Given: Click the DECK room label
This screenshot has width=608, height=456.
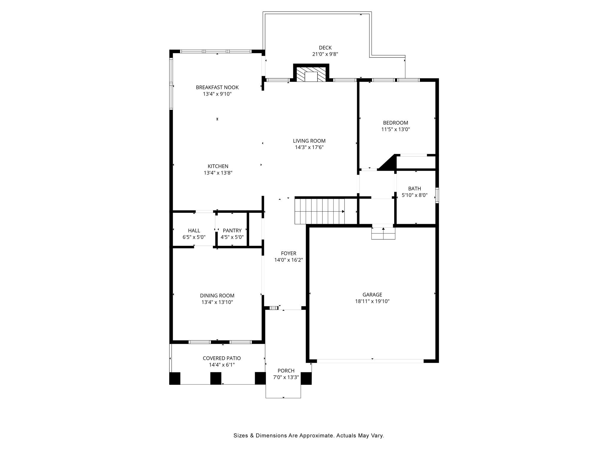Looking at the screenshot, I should coord(325,47).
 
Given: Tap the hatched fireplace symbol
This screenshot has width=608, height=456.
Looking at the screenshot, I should coord(311,74).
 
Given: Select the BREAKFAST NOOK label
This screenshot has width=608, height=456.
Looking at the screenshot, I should coord(217,87).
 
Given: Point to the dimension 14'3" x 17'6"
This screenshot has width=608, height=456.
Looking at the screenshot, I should coord(309,148).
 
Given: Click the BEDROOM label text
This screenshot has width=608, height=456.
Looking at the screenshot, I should coord(395,123).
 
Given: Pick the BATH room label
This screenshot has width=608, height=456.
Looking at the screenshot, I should coord(414,189).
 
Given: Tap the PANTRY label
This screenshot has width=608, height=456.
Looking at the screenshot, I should coord(232,230).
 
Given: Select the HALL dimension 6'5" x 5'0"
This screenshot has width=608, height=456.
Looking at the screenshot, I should coord(194,237).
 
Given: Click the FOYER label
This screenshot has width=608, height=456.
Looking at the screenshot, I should coord(289,253).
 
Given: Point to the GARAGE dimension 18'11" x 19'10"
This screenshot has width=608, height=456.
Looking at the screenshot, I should coord(372,301).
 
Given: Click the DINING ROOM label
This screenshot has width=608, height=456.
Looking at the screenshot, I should coord(217,295).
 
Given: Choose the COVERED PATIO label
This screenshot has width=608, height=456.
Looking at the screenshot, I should coord(222,358).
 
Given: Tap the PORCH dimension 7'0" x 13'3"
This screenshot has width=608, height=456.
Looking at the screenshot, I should coord(286,377).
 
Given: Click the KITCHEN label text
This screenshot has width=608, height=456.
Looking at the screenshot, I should coord(218,166).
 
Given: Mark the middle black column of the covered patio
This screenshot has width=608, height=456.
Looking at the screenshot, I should coord(216,378).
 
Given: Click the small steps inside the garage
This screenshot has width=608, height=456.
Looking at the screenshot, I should coord(383,233).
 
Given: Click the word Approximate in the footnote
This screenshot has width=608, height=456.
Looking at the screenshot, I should coord(316,436).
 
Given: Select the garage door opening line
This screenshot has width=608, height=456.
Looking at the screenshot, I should coord(370,361).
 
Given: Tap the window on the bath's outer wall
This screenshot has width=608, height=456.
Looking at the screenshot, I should coord(437,195).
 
